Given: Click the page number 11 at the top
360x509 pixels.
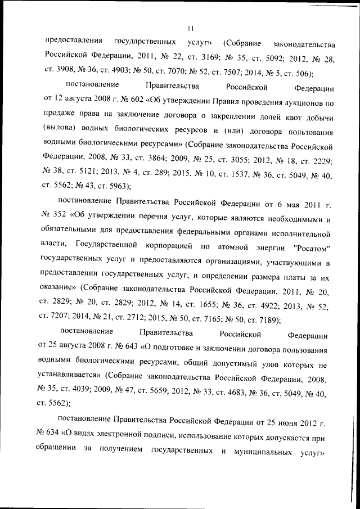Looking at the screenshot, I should tap(191, 27).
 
